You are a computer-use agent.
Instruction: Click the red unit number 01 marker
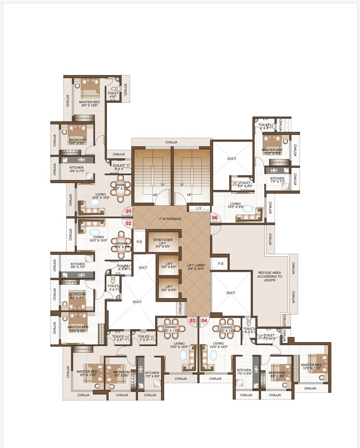[x=129, y=211]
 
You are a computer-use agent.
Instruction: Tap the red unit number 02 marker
[x=129, y=223]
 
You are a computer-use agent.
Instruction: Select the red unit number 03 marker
[x=192, y=320]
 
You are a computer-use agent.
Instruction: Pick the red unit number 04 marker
[x=204, y=320]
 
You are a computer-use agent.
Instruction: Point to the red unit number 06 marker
[x=216, y=218]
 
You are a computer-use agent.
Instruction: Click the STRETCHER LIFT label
[x=163, y=243]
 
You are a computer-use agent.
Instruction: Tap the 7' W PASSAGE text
[x=171, y=219]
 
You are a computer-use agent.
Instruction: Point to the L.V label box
[x=198, y=208]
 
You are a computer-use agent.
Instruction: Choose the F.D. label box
[x=221, y=264]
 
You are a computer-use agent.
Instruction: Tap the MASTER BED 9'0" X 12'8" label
[x=89, y=104]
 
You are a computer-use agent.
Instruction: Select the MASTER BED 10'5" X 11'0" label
[x=311, y=366]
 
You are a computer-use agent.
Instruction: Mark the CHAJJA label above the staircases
[x=171, y=142]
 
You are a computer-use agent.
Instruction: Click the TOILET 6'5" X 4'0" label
[x=245, y=184]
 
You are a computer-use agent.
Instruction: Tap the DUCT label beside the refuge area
[x=231, y=292]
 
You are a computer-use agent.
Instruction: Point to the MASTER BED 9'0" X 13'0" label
[x=87, y=374]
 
